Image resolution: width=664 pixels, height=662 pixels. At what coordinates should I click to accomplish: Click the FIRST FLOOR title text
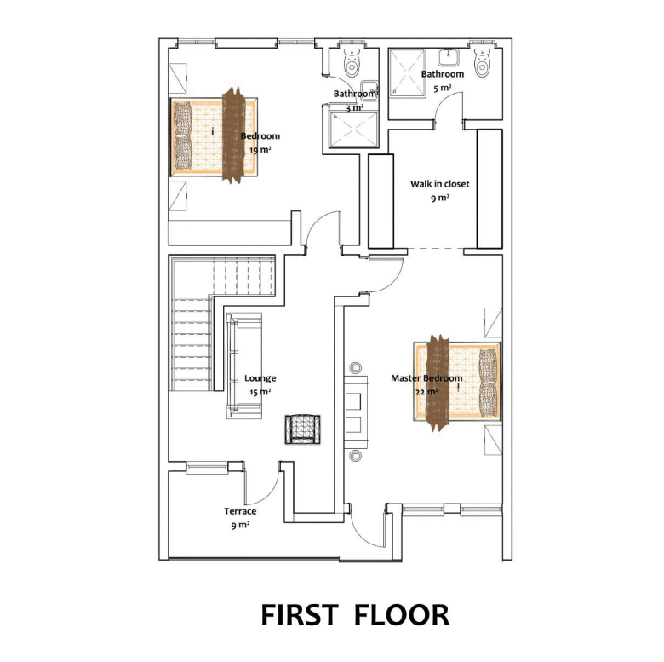(355, 615)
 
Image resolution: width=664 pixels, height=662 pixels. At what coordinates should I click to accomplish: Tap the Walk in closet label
(439, 184)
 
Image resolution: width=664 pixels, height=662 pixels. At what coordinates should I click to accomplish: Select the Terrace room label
(240, 511)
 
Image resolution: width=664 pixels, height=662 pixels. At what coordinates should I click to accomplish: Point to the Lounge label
(260, 378)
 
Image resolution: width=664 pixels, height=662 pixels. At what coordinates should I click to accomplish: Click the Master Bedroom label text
(426, 378)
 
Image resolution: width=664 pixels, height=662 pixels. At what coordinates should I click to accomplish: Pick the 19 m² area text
(260, 150)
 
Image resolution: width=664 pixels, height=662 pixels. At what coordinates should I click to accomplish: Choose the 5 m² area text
(442, 88)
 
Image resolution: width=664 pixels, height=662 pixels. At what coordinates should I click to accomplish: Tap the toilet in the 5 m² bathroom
(482, 61)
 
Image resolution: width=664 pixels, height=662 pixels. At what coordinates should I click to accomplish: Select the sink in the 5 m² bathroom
(449, 57)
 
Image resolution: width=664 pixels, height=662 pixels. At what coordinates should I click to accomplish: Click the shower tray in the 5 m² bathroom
(407, 73)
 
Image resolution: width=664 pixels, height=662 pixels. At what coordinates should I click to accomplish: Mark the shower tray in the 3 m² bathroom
(353, 130)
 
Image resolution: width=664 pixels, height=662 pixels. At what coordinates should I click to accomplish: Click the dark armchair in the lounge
(302, 429)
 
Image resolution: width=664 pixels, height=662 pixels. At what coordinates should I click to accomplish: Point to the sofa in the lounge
(243, 366)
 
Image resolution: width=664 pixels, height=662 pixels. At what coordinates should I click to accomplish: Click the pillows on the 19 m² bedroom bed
(183, 136)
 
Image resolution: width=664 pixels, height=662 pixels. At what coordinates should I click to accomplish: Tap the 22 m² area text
(426, 392)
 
